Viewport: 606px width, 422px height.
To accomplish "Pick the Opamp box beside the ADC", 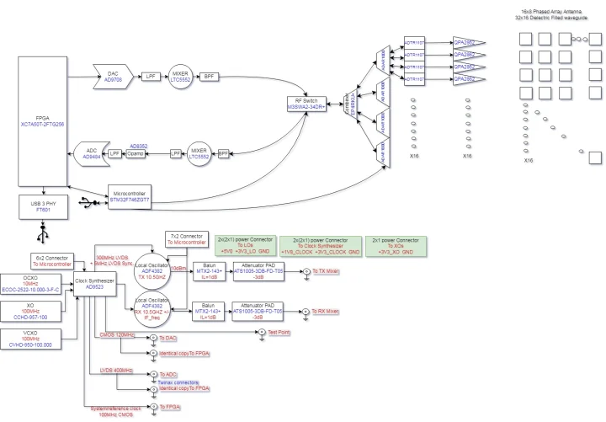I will (139, 154).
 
